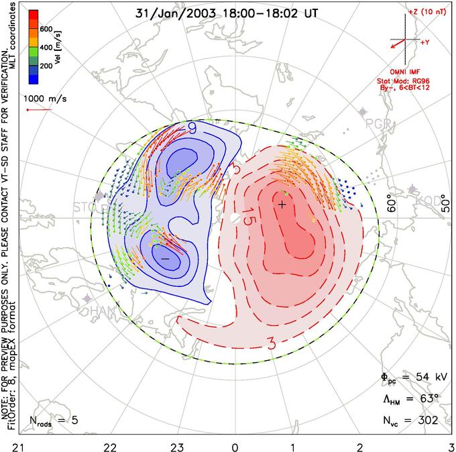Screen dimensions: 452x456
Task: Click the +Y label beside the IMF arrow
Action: tap(425, 42)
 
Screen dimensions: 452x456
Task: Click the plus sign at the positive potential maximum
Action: tap(282, 205)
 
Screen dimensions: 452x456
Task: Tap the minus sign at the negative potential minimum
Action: tap(164, 258)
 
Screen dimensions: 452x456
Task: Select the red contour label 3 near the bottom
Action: tap(272, 345)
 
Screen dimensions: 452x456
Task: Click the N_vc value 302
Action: tap(425, 420)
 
